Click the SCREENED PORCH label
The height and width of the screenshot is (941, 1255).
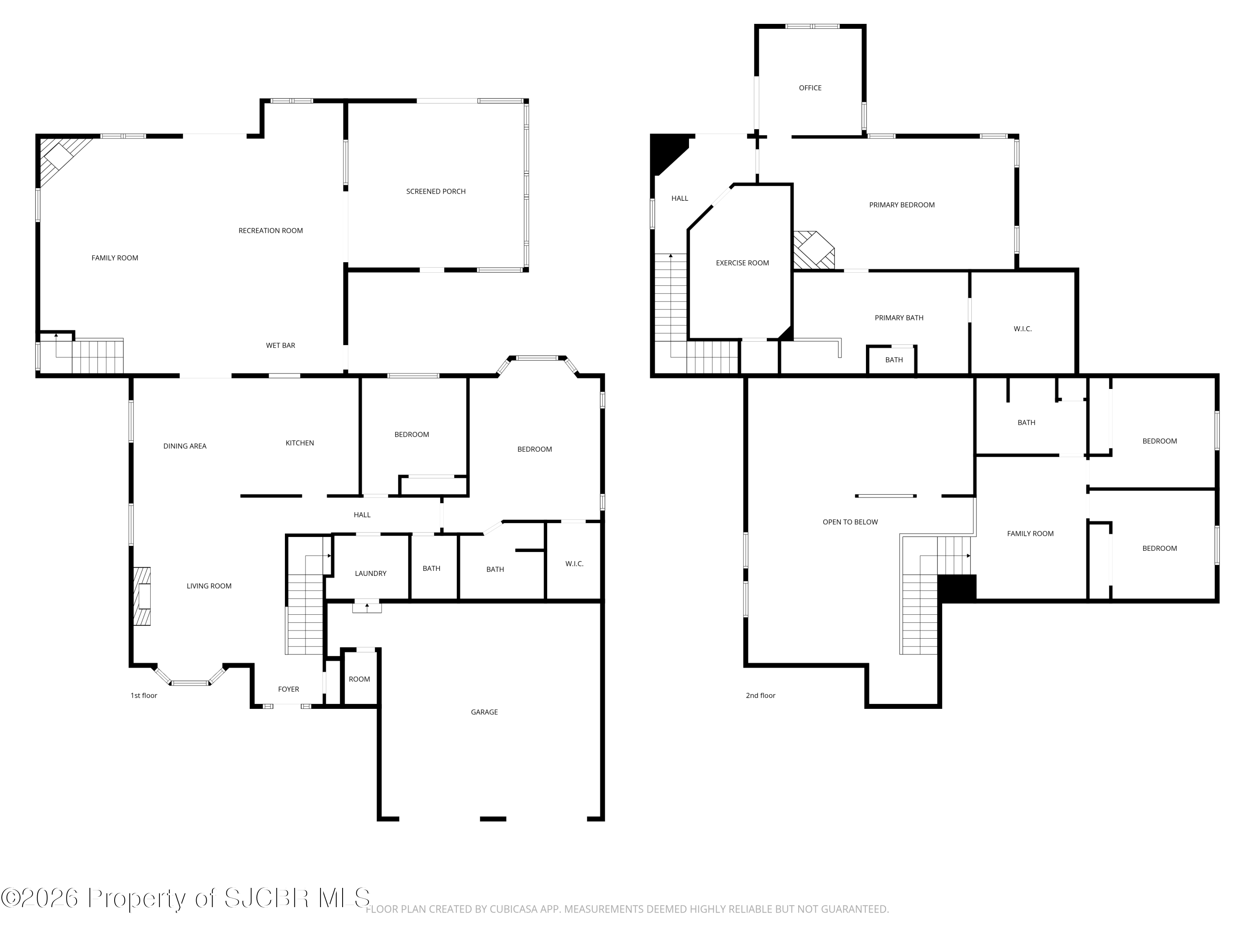tap(436, 192)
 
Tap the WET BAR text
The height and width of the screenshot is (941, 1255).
tap(280, 345)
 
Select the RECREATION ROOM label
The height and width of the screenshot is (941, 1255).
tap(271, 231)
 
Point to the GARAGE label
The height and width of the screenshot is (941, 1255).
tap(484, 712)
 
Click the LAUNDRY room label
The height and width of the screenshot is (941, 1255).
tap(371, 573)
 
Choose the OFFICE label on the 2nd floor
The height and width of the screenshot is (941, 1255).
tap(810, 88)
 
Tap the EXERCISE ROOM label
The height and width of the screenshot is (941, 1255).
tap(742, 263)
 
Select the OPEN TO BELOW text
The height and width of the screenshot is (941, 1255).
tap(850, 522)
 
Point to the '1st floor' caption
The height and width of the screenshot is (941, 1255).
tap(143, 696)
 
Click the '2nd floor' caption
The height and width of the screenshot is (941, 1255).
tap(760, 696)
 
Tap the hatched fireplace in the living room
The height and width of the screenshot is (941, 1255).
tap(142, 596)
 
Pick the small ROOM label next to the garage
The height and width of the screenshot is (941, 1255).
tap(359, 679)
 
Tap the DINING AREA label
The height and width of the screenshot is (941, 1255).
tap(185, 446)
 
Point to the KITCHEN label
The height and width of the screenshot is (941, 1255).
tap(300, 443)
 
